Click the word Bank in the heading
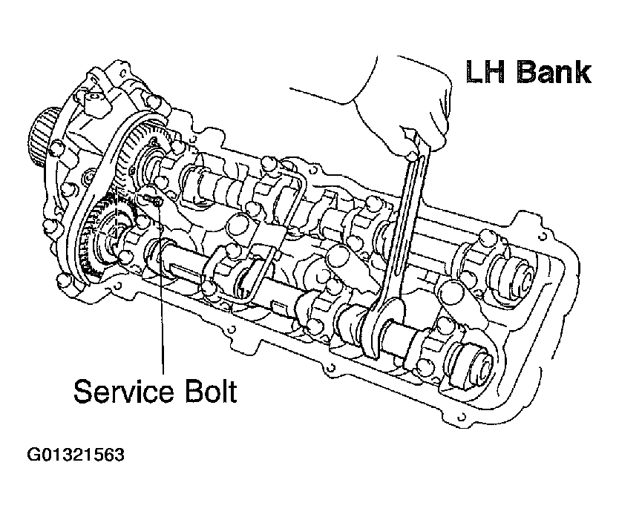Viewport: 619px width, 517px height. click(554, 72)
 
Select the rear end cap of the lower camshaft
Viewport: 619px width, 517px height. click(475, 363)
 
